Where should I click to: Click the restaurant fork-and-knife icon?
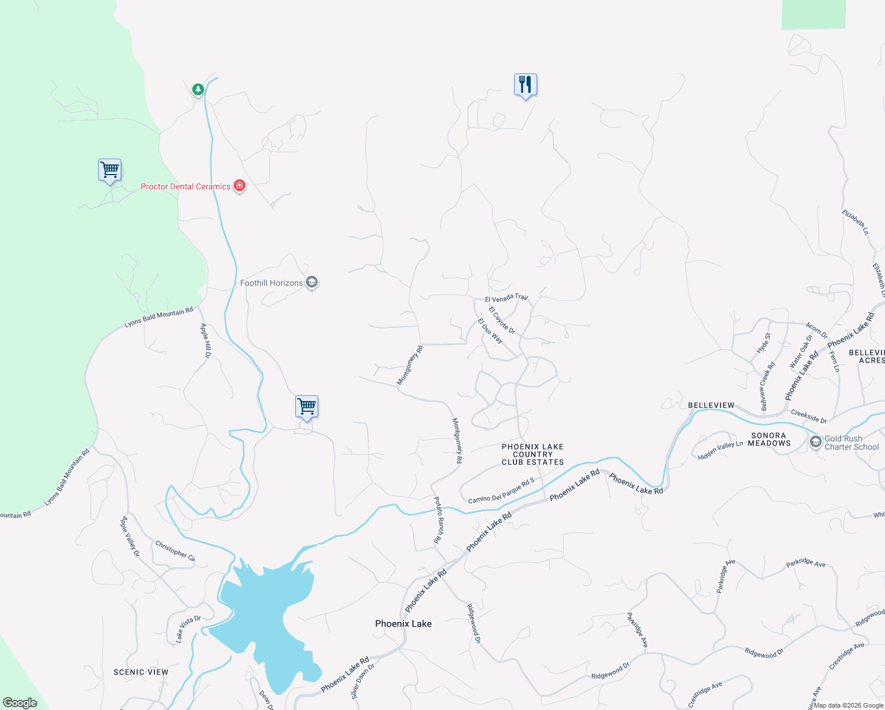(525, 85)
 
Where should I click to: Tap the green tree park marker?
(198, 89)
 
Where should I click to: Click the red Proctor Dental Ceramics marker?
(240, 186)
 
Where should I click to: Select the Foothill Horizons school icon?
(312, 282)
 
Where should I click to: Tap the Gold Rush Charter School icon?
(816, 442)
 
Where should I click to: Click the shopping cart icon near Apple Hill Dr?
(306, 406)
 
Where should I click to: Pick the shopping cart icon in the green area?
(109, 170)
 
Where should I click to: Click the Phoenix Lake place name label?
(403, 624)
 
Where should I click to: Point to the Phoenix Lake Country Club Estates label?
(532, 454)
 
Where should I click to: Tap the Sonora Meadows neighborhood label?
(769, 439)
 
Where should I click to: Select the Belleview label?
(711, 405)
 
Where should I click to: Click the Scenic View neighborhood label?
(141, 672)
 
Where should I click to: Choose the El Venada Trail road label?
(506, 298)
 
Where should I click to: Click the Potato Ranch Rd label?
(438, 519)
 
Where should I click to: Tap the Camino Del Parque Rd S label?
(501, 491)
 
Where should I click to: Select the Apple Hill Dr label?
(205, 340)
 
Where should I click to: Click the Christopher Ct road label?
(175, 550)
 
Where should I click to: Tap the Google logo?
(20, 702)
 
